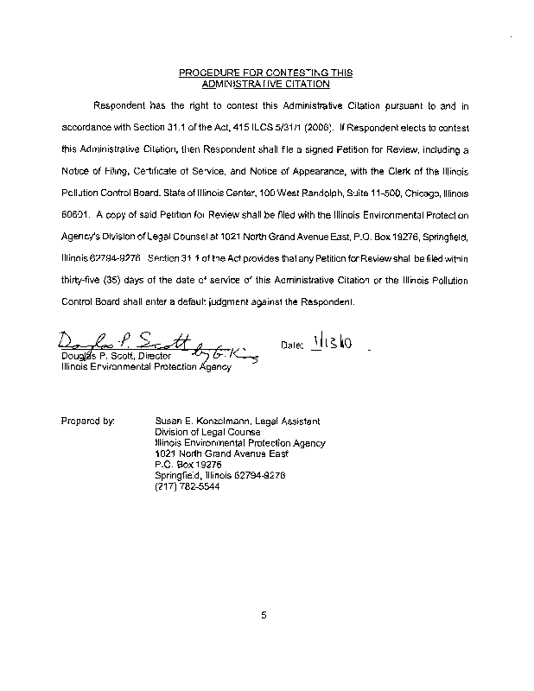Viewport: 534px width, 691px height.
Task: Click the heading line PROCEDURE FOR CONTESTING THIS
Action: [265, 73]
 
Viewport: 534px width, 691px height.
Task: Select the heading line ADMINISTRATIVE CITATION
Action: [265, 85]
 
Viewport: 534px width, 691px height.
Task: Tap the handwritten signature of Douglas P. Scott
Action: [130, 340]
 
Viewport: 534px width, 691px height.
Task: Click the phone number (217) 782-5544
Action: [187, 485]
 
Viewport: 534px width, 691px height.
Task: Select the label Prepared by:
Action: [88, 421]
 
